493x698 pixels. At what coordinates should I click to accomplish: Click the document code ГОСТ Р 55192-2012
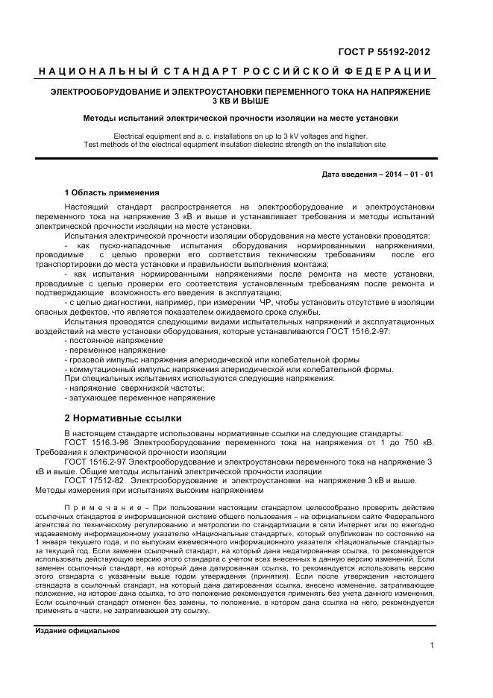(384, 51)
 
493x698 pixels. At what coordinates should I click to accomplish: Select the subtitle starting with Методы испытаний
(240, 118)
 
